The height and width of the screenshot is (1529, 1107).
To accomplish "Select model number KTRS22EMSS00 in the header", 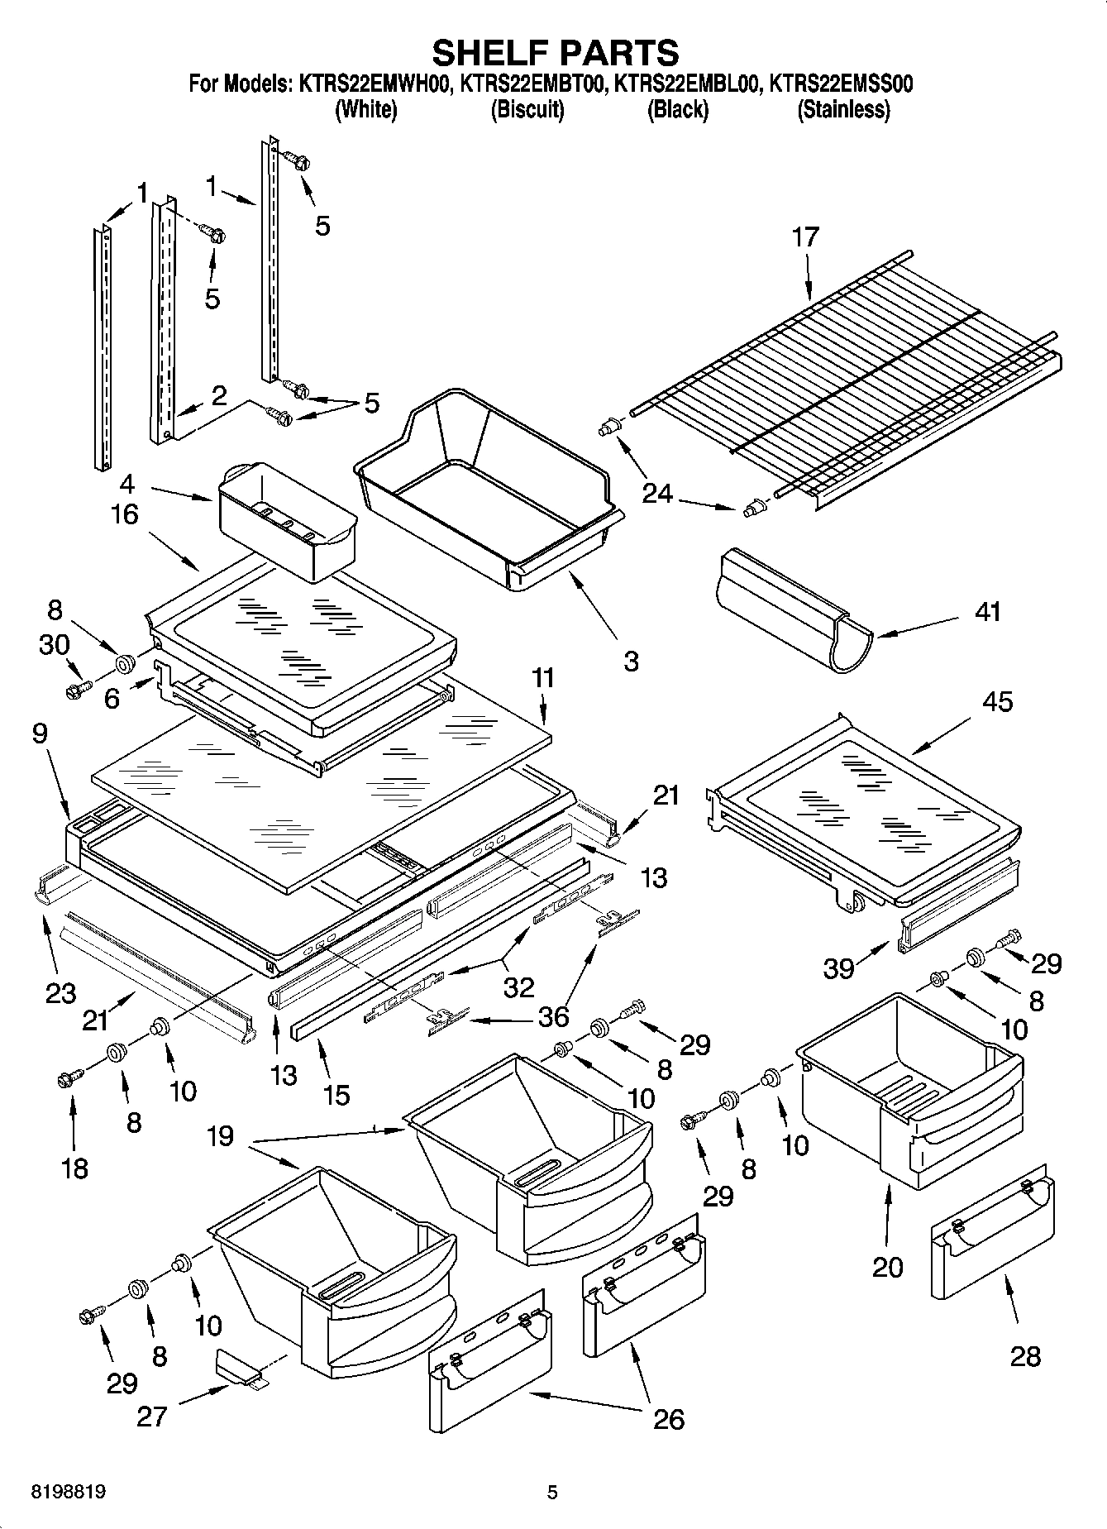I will pyautogui.click(x=841, y=84).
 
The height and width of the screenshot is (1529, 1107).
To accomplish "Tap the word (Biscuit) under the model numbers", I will pyautogui.click(x=527, y=109).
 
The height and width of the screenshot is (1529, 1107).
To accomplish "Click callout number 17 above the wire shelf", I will pyautogui.click(x=804, y=237).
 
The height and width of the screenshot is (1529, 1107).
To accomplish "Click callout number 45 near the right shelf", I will pyautogui.click(x=997, y=701).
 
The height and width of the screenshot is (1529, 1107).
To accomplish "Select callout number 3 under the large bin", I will pyautogui.click(x=631, y=661).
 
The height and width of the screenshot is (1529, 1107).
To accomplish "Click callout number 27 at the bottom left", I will pyautogui.click(x=152, y=1416).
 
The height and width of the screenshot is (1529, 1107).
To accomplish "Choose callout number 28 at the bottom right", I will pyautogui.click(x=1025, y=1356).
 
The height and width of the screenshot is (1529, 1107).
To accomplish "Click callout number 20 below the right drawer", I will pyautogui.click(x=888, y=1266).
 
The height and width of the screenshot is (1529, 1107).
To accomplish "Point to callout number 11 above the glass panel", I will pyautogui.click(x=543, y=678).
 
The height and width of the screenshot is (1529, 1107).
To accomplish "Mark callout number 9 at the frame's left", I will pyautogui.click(x=41, y=733).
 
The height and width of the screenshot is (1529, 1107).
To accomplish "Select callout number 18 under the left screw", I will pyautogui.click(x=74, y=1168).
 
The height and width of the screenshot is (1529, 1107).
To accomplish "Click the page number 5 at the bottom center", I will pyautogui.click(x=552, y=1493).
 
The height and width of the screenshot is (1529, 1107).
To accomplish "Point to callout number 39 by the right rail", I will pyautogui.click(x=838, y=968).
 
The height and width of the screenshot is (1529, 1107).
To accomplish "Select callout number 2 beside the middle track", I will pyautogui.click(x=218, y=395).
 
